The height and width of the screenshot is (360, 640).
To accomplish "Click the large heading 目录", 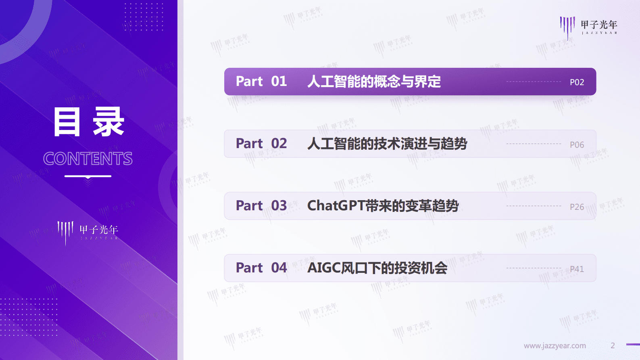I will click(x=89, y=122).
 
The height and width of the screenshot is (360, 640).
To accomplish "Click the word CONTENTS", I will click(x=88, y=159).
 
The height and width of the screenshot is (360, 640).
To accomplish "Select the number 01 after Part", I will click(x=279, y=82).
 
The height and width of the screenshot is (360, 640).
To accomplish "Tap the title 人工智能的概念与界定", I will click(x=374, y=82).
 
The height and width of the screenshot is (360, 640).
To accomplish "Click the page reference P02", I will click(x=577, y=82).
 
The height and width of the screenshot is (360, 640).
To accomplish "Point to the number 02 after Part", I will click(x=279, y=144).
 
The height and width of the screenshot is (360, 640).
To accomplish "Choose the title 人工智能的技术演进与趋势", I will click(x=387, y=144).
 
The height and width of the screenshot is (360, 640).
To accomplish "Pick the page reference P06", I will click(x=577, y=144).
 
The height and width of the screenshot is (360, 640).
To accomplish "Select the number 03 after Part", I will click(x=279, y=206).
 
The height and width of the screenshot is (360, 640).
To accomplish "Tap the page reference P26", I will click(x=577, y=207).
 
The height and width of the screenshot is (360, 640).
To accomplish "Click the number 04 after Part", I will click(x=279, y=268).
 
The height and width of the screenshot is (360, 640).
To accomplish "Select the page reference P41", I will click(x=577, y=269).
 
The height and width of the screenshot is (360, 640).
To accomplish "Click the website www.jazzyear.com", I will click(x=555, y=346).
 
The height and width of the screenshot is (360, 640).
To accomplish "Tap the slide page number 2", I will click(x=613, y=345).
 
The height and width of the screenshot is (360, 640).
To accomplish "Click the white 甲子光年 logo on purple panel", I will click(x=88, y=232).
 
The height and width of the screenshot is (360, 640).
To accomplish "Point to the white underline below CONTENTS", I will click(x=88, y=176).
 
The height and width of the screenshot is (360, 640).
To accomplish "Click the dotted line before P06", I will click(x=534, y=144).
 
